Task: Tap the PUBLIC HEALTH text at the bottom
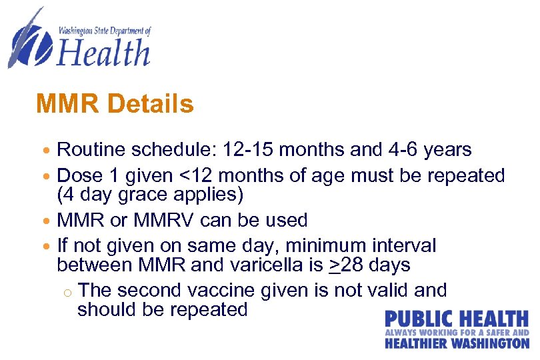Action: click(x=457, y=319)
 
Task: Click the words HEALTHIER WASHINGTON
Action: click(x=457, y=343)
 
